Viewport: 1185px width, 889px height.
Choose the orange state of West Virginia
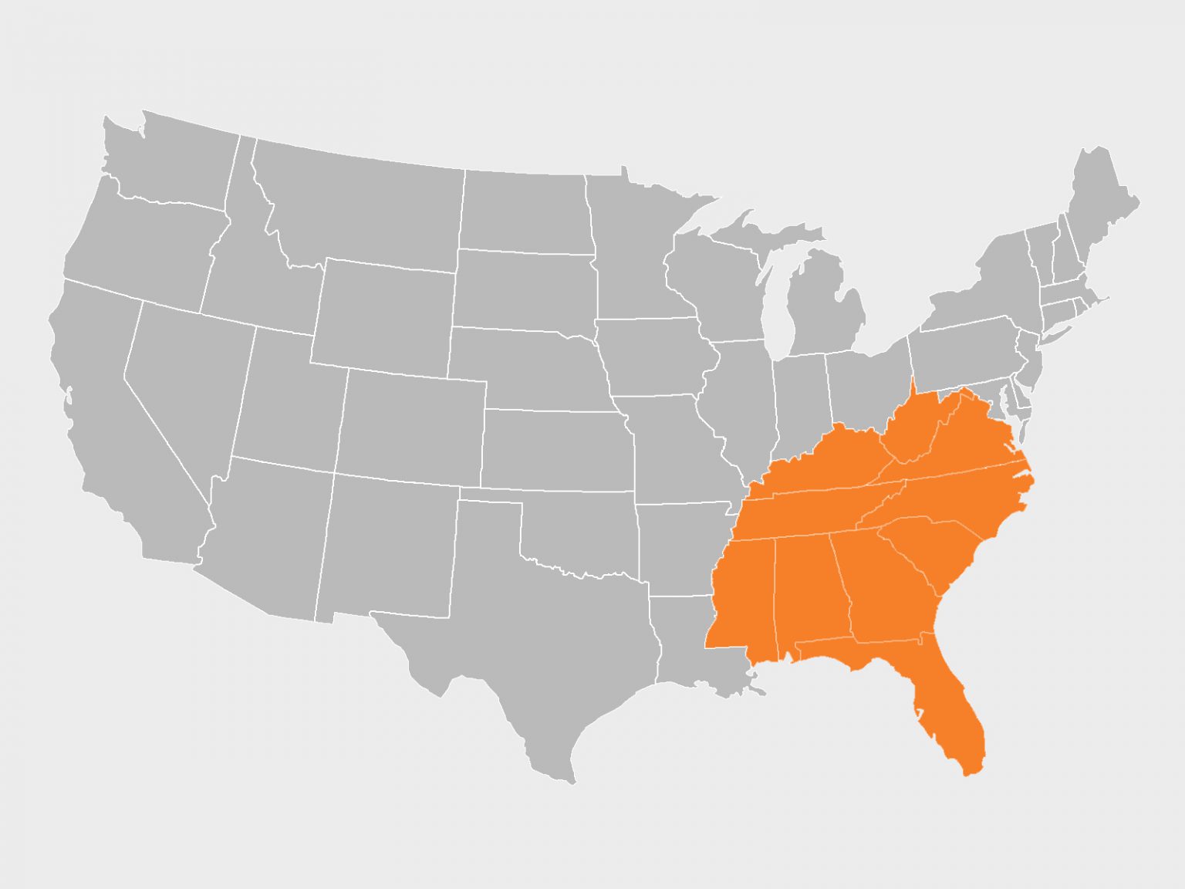[910, 428]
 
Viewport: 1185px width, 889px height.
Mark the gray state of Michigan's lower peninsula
[822, 309]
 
